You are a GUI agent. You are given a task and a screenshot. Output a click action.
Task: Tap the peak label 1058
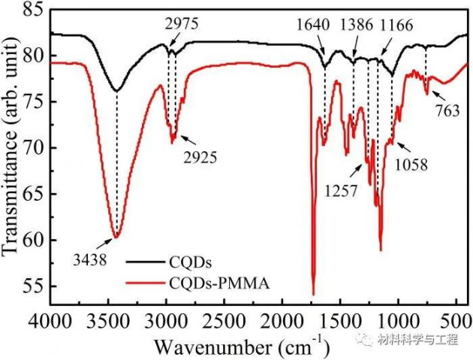click(x=411, y=165)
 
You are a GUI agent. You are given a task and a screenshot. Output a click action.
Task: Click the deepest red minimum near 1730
click(x=313, y=294)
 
